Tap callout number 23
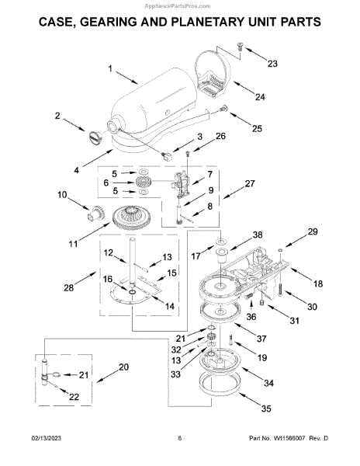[272, 64]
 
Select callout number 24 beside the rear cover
[260, 97]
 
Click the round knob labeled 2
[95, 138]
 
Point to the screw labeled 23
[240, 47]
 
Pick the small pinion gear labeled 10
[95, 214]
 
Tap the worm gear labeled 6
[144, 182]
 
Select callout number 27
[250, 183]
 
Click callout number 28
[68, 287]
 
